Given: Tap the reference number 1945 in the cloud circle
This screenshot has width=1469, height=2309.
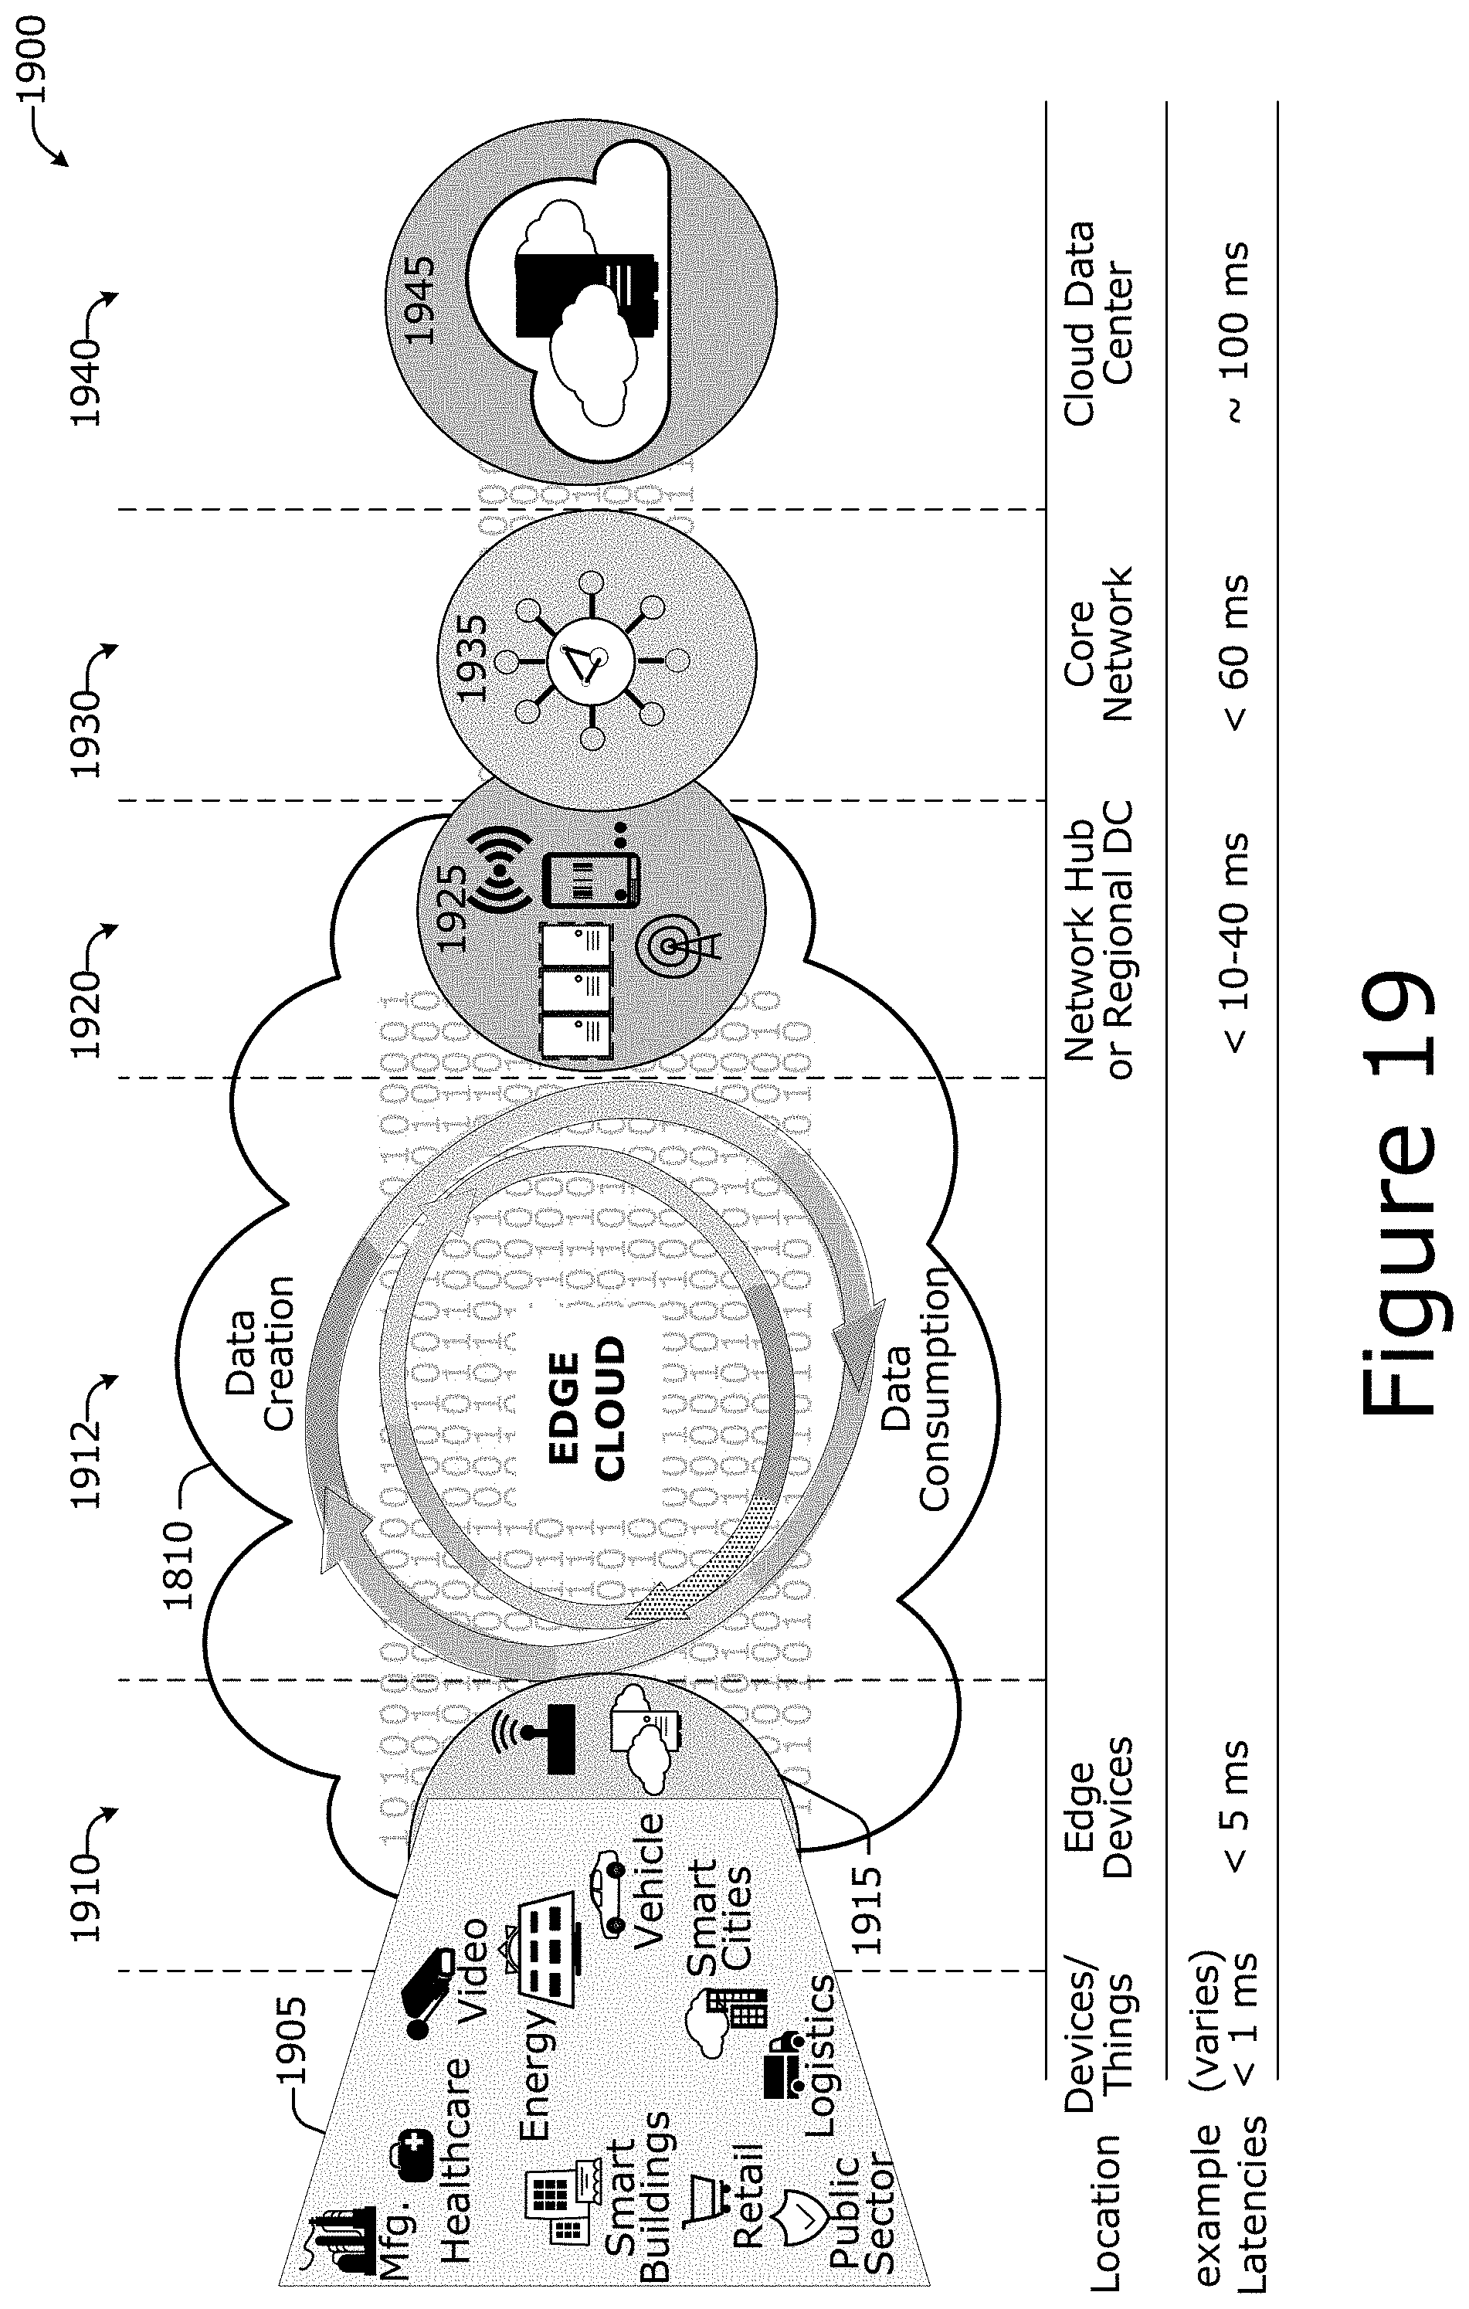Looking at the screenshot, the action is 420,298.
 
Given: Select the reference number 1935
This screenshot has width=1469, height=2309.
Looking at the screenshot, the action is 471,659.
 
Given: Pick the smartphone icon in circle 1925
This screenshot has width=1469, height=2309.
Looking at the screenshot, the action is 591,879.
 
